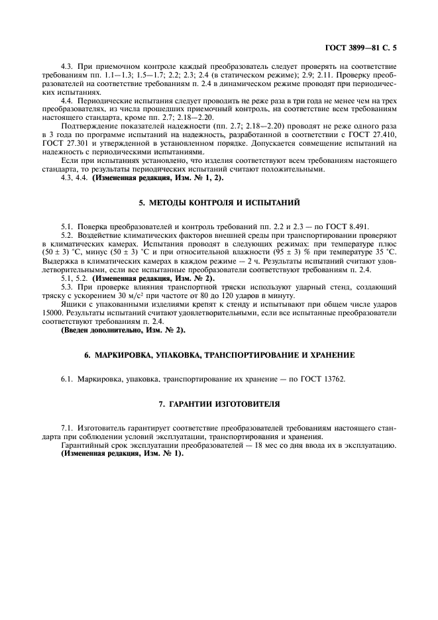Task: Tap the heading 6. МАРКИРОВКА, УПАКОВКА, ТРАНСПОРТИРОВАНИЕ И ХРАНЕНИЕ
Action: click(x=219, y=355)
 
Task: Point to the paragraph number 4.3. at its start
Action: click(x=68, y=67)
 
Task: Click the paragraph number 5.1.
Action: click(x=68, y=227)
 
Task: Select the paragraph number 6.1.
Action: click(x=68, y=379)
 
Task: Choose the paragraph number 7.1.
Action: click(x=68, y=429)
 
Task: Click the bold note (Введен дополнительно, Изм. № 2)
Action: click(x=123, y=329)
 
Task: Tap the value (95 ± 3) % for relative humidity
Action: click(x=269, y=252)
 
